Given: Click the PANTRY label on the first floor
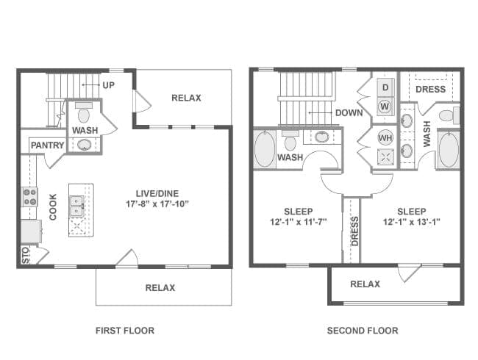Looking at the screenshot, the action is point(48,145).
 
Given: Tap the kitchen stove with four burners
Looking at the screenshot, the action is point(30,197).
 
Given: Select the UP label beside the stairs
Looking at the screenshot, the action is point(109,85).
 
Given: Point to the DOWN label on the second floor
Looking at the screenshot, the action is point(349,112).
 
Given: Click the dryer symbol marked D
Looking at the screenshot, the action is point(385,87).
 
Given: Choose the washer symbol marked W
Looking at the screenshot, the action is point(385,107).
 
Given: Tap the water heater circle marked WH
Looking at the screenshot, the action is point(385,137).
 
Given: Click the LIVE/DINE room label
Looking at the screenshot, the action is point(157,193).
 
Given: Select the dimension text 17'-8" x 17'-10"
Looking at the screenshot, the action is point(157,204).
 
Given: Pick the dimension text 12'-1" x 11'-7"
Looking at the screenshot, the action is point(299,222).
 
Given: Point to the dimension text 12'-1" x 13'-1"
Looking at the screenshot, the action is point(412,222).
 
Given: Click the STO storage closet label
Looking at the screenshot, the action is point(26,255).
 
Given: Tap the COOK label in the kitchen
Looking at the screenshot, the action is point(53,206).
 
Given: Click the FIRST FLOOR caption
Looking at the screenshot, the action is point(125,331).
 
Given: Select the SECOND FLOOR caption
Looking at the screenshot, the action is point(363,331).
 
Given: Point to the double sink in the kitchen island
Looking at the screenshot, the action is point(76,206).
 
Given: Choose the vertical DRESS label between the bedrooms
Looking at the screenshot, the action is point(355,231).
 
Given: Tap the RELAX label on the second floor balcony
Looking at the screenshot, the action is point(365,284).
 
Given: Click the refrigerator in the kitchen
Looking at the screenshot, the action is point(31,231).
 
